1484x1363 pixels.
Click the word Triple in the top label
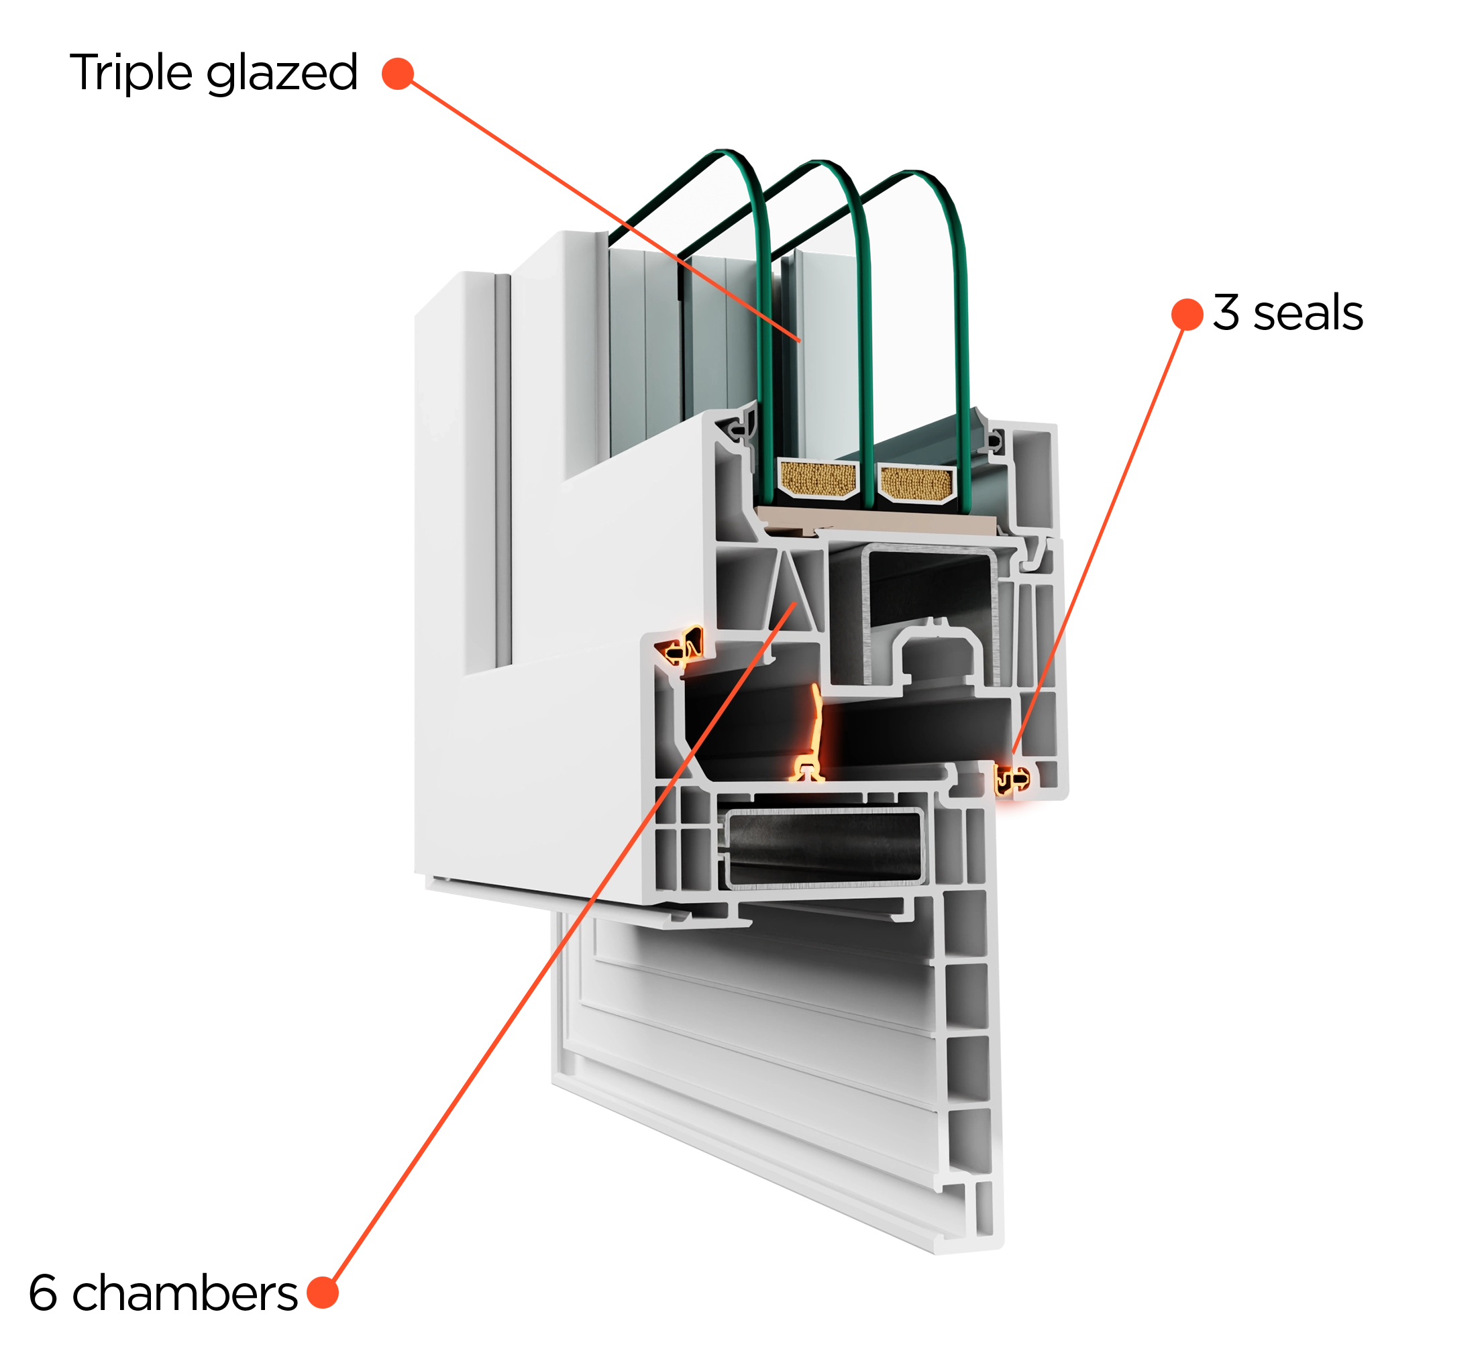[131, 73]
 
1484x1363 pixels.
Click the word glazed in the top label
[282, 74]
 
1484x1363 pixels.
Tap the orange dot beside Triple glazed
[398, 74]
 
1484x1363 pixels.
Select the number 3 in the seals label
[1226, 313]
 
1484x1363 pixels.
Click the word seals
[1308, 313]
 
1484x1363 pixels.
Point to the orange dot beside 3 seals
[1187, 314]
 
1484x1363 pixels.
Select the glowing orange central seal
[811, 735]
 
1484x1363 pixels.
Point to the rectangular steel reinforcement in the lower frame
[824, 847]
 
